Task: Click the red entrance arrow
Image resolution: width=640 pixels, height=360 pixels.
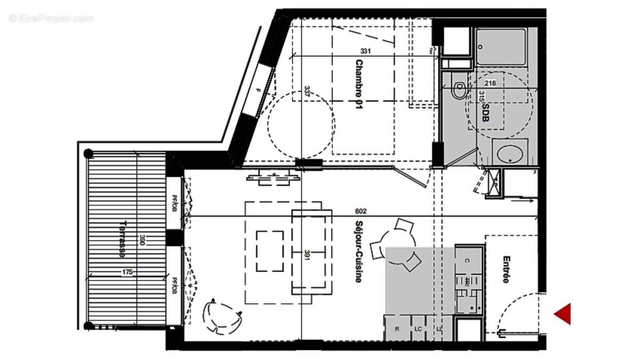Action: pos(563,314)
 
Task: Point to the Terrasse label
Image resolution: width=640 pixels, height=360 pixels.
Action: pos(123,239)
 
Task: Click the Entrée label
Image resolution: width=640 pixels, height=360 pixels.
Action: pos(506,269)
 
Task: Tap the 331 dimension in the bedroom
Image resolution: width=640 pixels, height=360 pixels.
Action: pos(365,52)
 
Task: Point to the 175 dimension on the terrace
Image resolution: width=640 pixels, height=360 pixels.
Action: pos(127,272)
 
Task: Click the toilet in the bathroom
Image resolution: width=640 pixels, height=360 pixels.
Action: pos(457,90)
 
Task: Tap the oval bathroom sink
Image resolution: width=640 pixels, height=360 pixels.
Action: pos(510,155)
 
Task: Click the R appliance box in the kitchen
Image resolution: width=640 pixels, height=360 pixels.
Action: pos(397,329)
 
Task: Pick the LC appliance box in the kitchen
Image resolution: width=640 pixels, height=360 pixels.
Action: pos(418,329)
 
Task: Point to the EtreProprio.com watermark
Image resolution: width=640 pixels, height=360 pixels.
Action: pos(51,19)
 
